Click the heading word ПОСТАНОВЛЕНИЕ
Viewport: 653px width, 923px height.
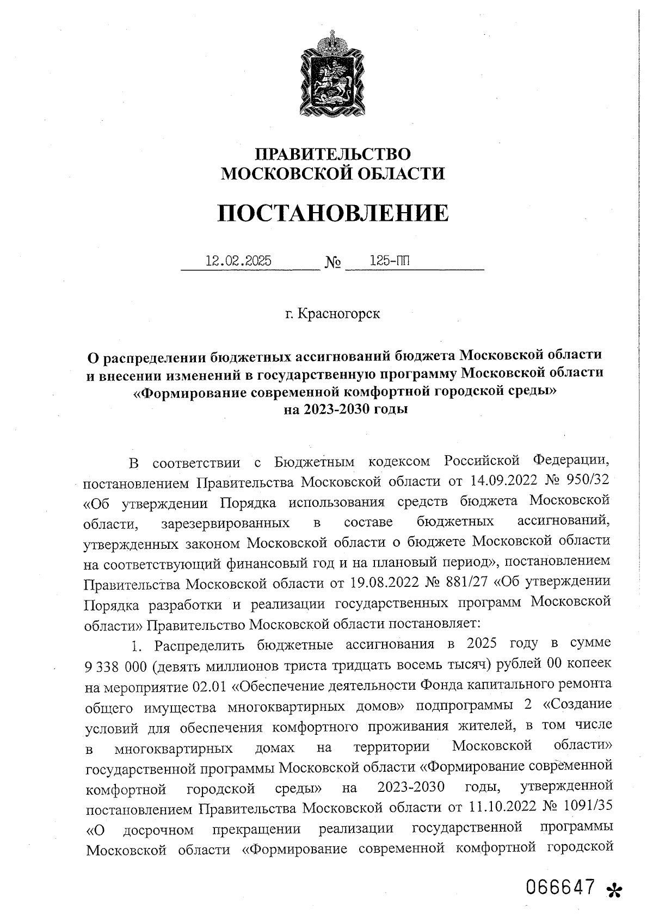(x=333, y=213)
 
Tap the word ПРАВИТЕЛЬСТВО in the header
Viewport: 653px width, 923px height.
(x=333, y=154)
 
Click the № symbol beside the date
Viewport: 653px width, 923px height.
(x=333, y=264)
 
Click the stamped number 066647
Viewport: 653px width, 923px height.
(x=561, y=886)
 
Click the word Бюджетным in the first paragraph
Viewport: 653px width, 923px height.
(x=315, y=462)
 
